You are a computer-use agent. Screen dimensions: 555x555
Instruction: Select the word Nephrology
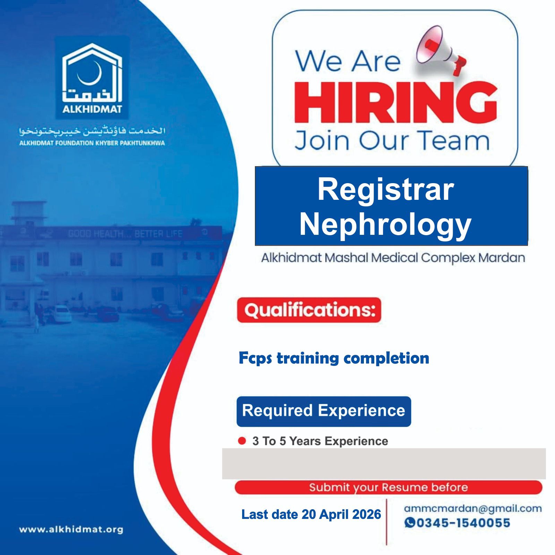(385, 225)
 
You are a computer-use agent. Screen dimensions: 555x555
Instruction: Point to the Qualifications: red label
(309, 310)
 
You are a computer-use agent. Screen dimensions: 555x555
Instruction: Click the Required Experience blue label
(324, 411)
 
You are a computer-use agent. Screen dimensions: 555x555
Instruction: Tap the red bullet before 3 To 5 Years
(242, 441)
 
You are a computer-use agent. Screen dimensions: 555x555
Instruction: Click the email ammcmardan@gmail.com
(473, 509)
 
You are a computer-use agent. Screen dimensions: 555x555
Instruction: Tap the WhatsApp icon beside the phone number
(410, 523)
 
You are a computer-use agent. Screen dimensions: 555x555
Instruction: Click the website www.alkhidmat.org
(71, 530)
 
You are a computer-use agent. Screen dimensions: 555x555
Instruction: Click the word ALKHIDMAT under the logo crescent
(92, 109)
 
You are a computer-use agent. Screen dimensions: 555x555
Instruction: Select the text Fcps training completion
(334, 358)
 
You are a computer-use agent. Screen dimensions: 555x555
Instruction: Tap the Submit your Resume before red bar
(388, 487)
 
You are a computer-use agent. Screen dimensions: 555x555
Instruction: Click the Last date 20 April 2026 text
(311, 514)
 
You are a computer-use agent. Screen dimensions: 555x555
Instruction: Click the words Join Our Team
(392, 140)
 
